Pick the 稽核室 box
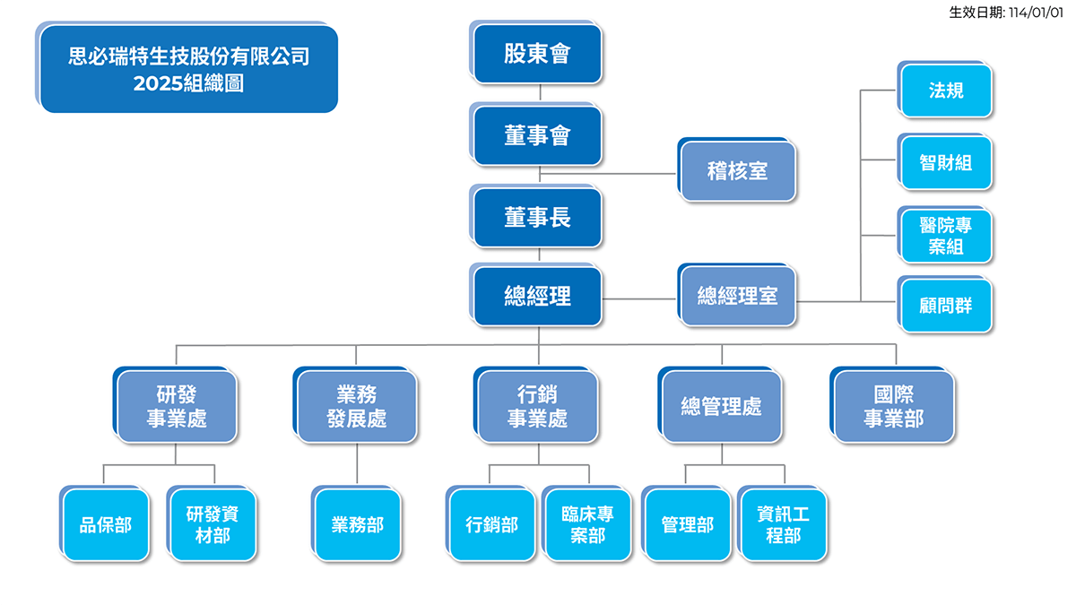(738, 171)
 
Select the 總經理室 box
(738, 297)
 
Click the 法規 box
(946, 91)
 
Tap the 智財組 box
(946, 162)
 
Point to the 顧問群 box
(946, 306)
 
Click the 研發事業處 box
(178, 406)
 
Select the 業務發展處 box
(357, 406)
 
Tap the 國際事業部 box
(894, 406)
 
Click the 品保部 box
(106, 525)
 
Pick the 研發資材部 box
(213, 525)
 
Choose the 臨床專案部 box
(588, 525)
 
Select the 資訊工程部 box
(783, 525)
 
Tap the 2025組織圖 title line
(188, 84)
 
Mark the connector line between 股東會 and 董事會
(540, 94)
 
